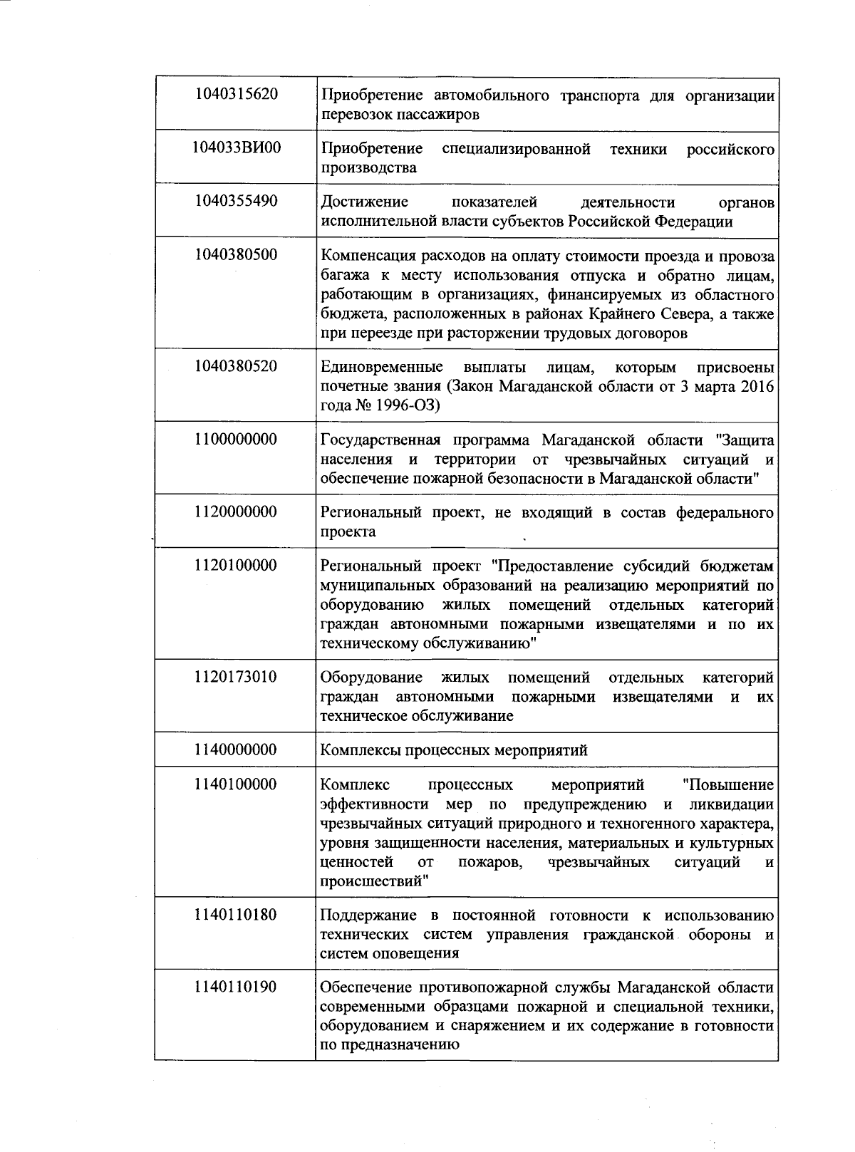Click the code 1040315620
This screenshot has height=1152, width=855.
(236, 94)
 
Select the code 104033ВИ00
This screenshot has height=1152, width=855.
(236, 148)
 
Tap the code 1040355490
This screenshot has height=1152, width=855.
(236, 202)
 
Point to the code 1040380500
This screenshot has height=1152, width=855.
(236, 255)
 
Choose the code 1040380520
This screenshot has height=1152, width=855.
(236, 367)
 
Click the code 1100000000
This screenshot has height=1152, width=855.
(236, 440)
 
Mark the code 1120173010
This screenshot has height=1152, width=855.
(236, 677)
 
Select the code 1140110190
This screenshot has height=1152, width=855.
(236, 987)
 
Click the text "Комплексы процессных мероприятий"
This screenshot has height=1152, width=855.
(454, 750)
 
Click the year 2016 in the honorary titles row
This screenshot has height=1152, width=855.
(757, 386)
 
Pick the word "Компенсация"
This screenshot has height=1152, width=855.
(366, 256)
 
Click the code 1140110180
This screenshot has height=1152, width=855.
(236, 914)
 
